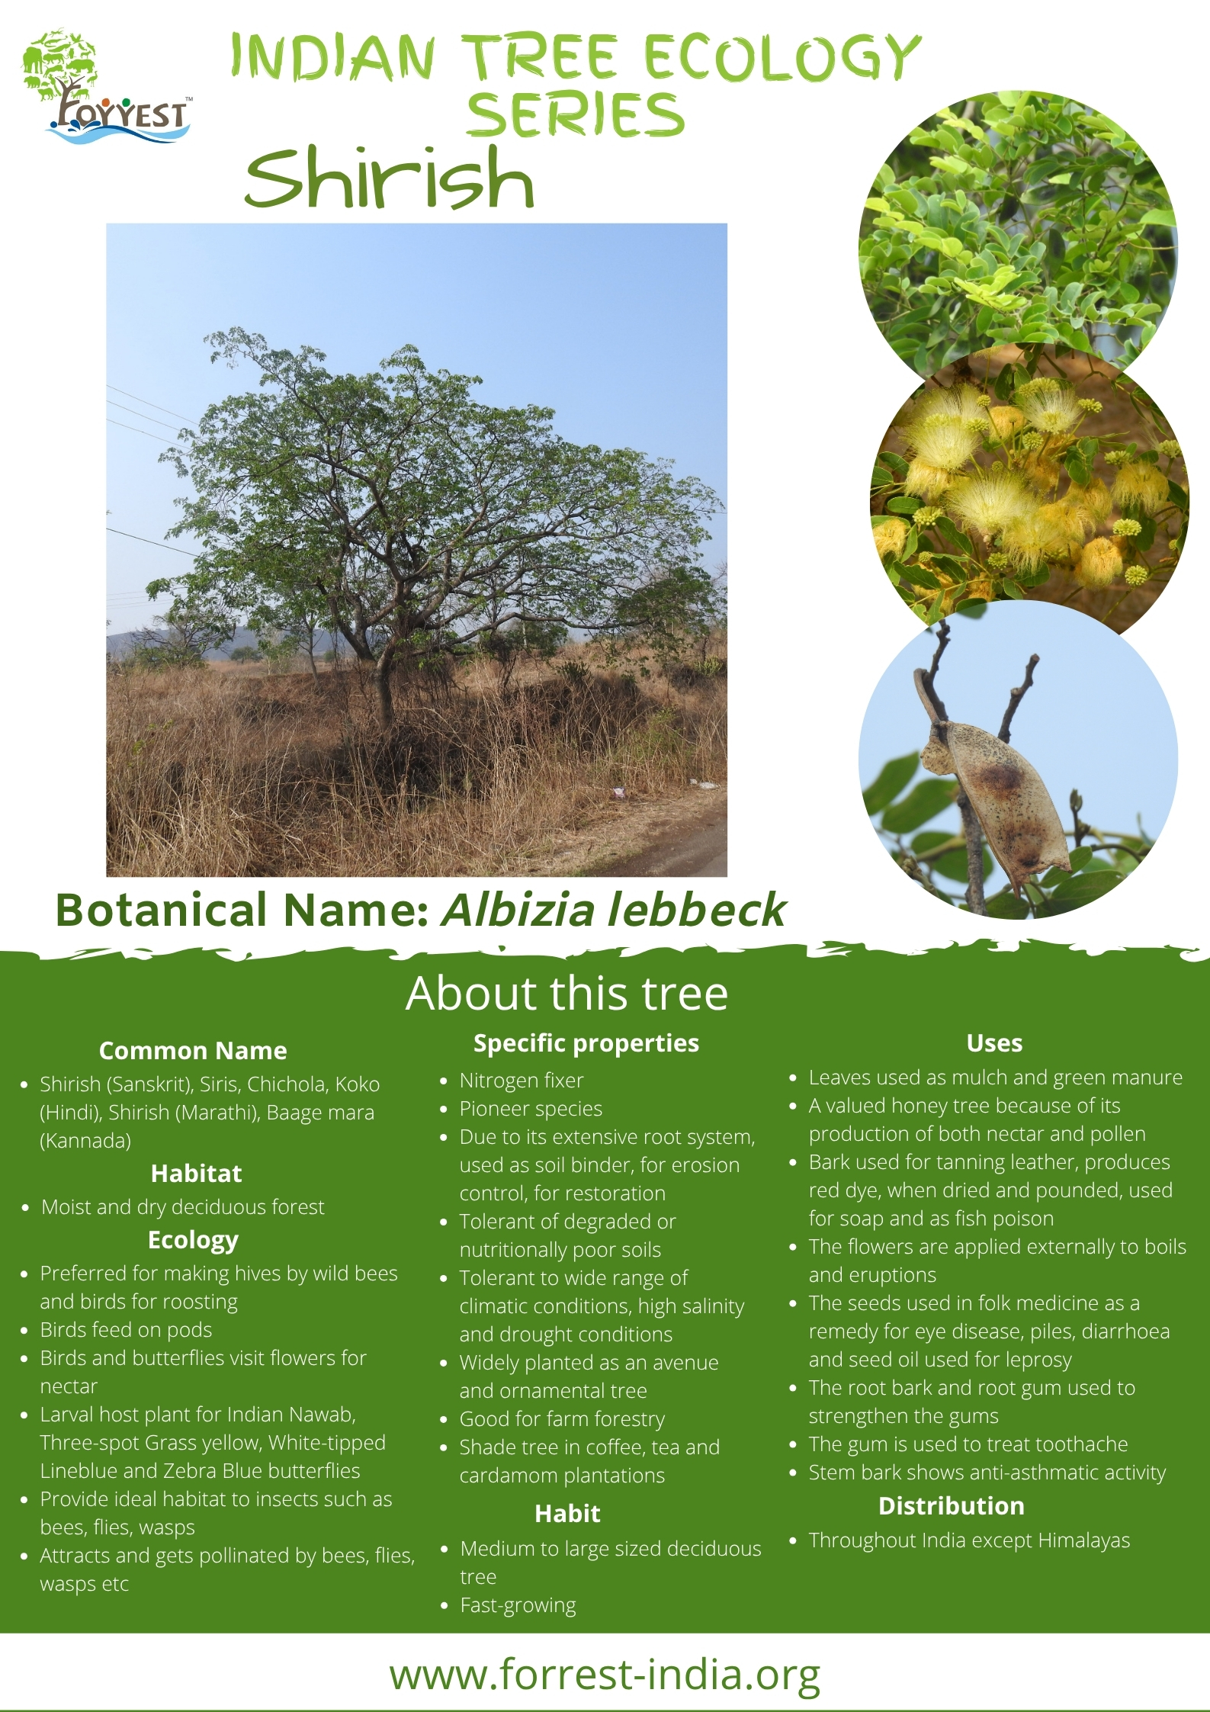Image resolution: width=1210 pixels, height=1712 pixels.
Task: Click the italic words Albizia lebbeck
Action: pyautogui.click(x=613, y=910)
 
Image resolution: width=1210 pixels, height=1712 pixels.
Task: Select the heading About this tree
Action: pyautogui.click(x=566, y=994)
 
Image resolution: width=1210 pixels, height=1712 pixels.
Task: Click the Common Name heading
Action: pyautogui.click(x=193, y=1051)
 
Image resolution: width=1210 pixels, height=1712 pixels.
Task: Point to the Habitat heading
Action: pyautogui.click(x=196, y=1173)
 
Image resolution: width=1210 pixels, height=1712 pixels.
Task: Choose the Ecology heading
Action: pyautogui.click(x=193, y=1241)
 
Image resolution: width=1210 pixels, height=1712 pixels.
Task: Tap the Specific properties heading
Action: pyautogui.click(x=586, y=1043)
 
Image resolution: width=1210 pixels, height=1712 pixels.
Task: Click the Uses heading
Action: pyautogui.click(x=994, y=1043)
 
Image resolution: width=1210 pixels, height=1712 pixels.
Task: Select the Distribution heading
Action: pyautogui.click(x=952, y=1506)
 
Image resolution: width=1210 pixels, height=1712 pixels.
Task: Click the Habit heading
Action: pyautogui.click(x=567, y=1514)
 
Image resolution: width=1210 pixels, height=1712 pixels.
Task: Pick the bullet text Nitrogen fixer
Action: pyautogui.click(x=522, y=1081)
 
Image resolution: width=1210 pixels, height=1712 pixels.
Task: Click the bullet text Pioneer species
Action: pyautogui.click(x=531, y=1109)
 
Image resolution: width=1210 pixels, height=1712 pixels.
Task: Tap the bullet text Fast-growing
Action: pyautogui.click(x=518, y=1605)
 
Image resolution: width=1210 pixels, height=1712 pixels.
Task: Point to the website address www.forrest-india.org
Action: pyautogui.click(x=605, y=1675)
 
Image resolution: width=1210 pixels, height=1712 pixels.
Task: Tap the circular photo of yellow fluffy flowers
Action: pyautogui.click(x=1029, y=488)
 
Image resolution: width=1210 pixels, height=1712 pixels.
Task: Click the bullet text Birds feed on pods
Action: pyautogui.click(x=126, y=1330)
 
